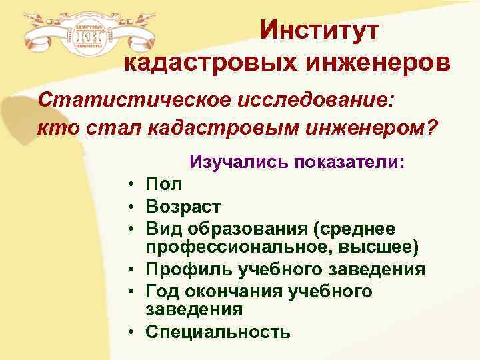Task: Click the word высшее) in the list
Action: [x=389, y=248]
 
